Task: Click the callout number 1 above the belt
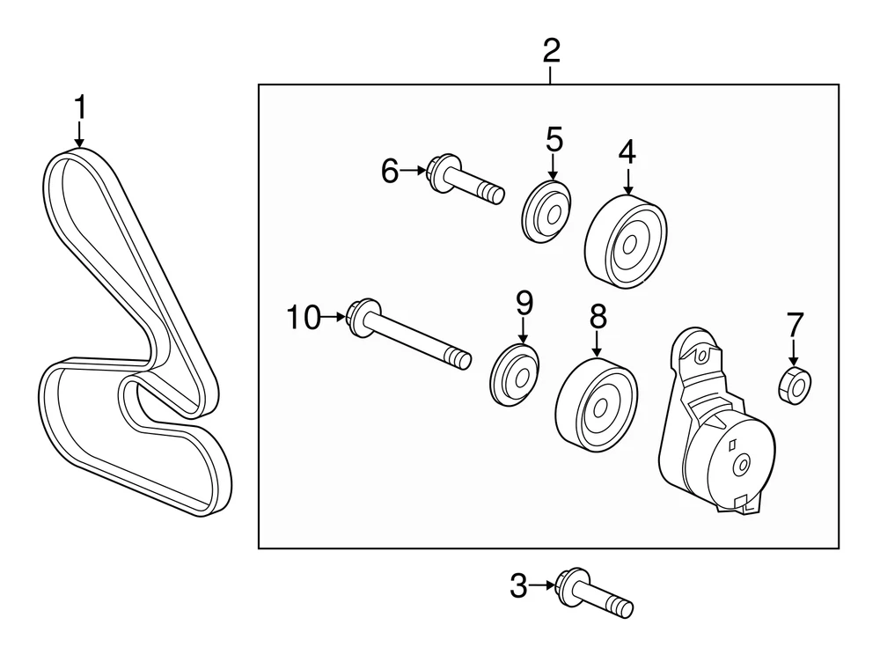click(80, 108)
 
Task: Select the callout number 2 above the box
click(551, 51)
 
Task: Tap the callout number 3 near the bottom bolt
click(519, 585)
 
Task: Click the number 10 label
click(304, 317)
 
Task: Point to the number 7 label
click(796, 325)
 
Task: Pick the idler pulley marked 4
click(626, 242)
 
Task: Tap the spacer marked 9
click(516, 375)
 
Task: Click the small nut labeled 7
click(796, 384)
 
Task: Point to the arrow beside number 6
click(414, 171)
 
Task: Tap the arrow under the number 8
click(598, 344)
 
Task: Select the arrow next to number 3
click(543, 585)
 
